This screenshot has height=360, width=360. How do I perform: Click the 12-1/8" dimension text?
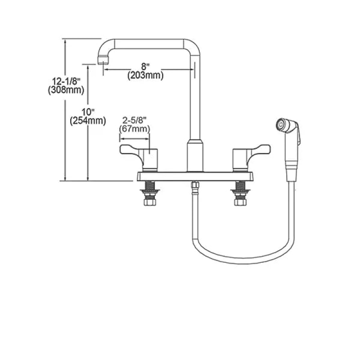pyautogui.click(x=66, y=81)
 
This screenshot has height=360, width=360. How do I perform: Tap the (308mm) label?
pyautogui.click(x=66, y=90)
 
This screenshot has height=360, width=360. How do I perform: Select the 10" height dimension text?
pyautogui.click(x=88, y=112)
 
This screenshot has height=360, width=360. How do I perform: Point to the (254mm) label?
pyautogui.click(x=88, y=121)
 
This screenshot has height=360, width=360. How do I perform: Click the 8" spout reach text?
pyautogui.click(x=145, y=67)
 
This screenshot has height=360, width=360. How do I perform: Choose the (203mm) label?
pyautogui.click(x=145, y=75)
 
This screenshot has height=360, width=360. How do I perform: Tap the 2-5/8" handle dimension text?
pyautogui.click(x=135, y=120)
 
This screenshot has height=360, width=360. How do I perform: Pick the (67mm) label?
pyautogui.click(x=135, y=129)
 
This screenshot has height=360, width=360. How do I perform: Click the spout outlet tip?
pyautogui.click(x=103, y=60)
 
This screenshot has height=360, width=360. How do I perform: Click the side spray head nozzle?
pyautogui.click(x=280, y=125)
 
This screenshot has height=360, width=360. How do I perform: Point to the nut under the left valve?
pyautogui.click(x=150, y=202)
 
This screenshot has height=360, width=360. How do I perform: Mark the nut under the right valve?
pyautogui.click(x=240, y=202)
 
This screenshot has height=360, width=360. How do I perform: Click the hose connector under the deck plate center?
pyautogui.click(x=195, y=185)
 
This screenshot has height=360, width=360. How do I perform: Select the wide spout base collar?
pyautogui.click(x=195, y=156)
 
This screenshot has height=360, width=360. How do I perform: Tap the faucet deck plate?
pyautogui.click(x=195, y=176)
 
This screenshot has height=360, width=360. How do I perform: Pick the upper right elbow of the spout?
pyautogui.click(x=193, y=47)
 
